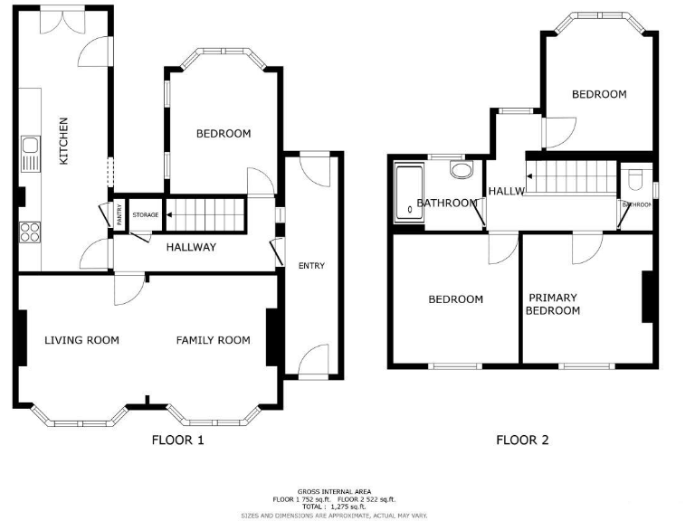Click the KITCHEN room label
click(x=63, y=142)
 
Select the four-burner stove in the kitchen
click(x=29, y=232)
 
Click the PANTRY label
click(x=119, y=214)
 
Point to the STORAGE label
click(x=146, y=215)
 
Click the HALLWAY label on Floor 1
click(x=190, y=247)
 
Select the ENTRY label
click(x=311, y=266)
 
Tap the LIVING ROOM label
click(x=82, y=341)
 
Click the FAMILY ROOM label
click(x=213, y=341)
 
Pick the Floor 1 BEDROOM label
click(x=224, y=134)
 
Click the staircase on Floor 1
click(x=207, y=214)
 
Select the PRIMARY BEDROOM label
click(x=553, y=305)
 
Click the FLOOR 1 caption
click(x=177, y=440)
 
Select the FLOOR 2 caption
click(x=522, y=440)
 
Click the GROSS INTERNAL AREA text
click(x=334, y=492)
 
